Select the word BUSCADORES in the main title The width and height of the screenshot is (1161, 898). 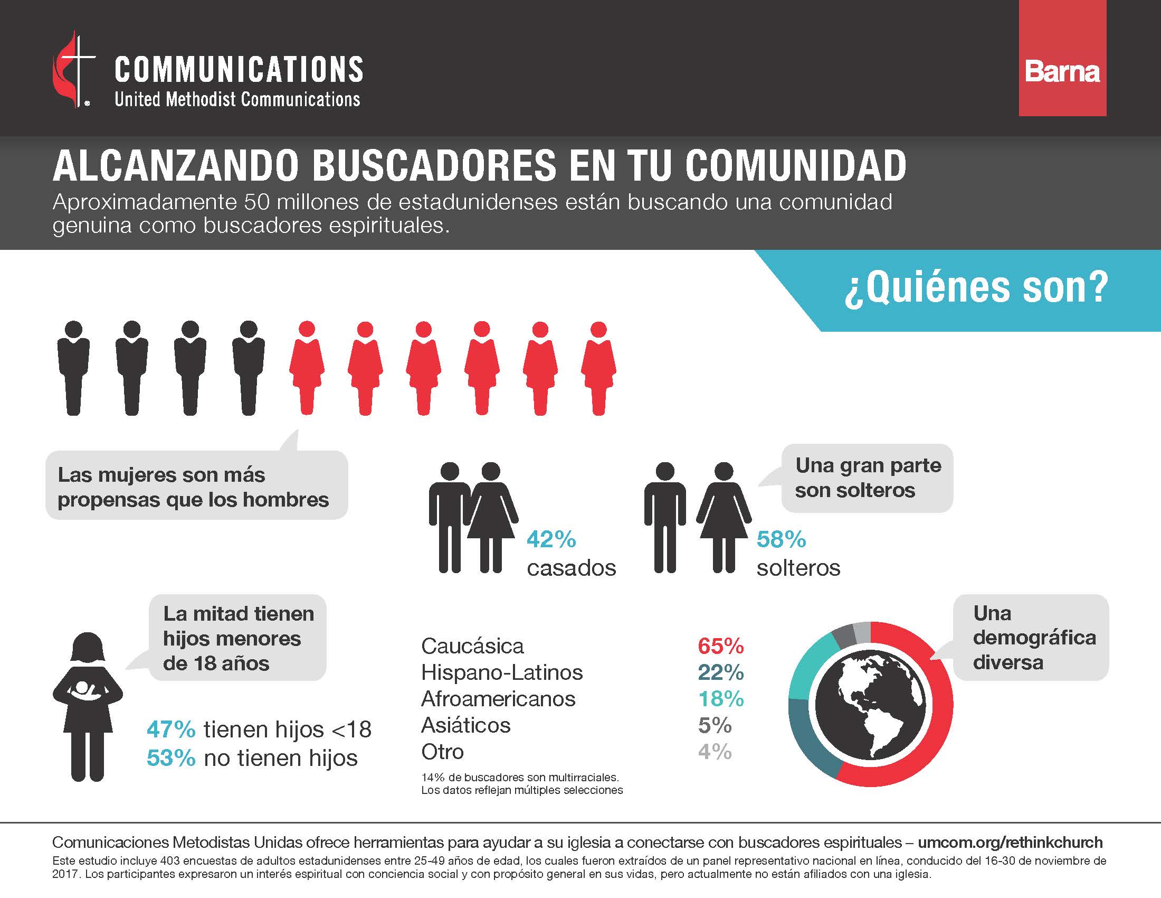[x=434, y=166]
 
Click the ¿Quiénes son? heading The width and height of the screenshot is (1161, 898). [x=976, y=288]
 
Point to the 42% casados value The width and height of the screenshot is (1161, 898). [x=551, y=539]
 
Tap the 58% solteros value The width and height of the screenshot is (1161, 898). [x=781, y=539]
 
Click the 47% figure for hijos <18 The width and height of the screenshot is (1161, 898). [x=170, y=729]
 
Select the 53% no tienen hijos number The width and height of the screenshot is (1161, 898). [x=170, y=758]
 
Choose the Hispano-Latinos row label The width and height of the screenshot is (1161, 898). [x=501, y=672]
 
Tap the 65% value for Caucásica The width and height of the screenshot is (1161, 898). [x=720, y=647]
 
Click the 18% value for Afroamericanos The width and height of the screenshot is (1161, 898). [x=720, y=699]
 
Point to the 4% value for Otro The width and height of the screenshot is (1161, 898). [x=715, y=752]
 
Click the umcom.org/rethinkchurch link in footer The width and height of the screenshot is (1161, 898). [x=1010, y=842]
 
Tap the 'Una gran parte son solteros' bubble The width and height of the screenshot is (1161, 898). [x=867, y=478]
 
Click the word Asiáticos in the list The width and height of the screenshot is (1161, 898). [x=465, y=725]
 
